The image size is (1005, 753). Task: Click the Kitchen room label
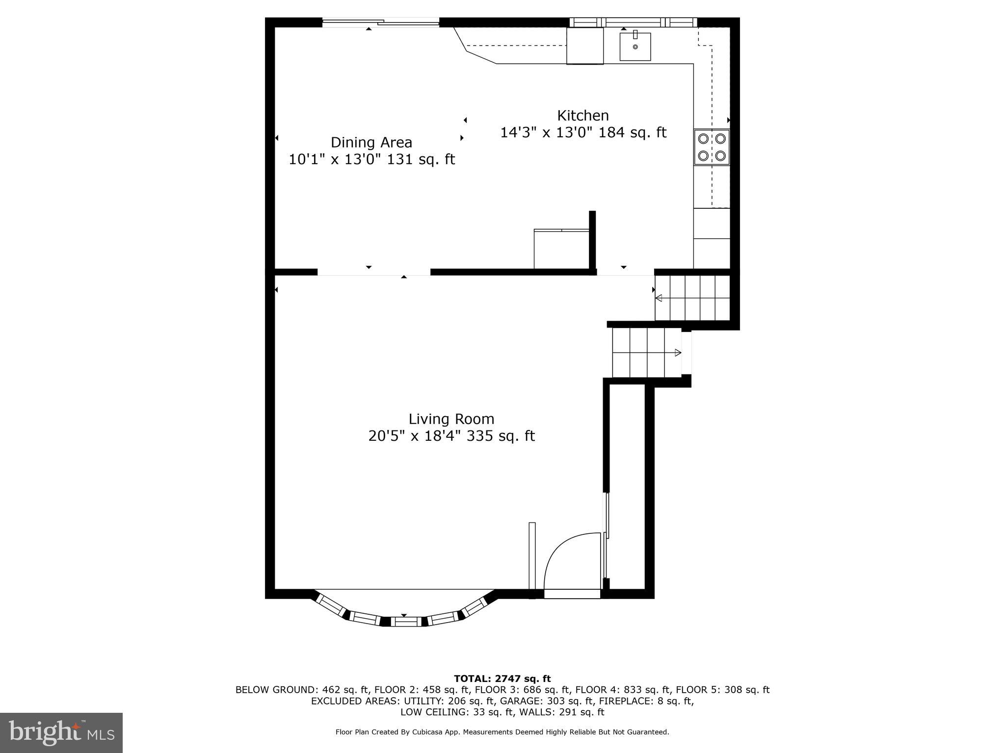click(582, 116)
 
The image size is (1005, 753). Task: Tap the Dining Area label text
click(371, 143)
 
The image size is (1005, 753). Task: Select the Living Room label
click(451, 419)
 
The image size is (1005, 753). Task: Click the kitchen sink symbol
click(635, 47)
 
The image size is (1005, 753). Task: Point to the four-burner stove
click(712, 147)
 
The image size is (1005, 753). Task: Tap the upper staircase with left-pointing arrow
click(692, 298)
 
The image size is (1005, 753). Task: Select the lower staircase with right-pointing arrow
click(647, 352)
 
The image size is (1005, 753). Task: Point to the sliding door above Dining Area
click(380, 22)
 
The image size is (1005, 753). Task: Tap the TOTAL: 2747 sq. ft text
click(502, 678)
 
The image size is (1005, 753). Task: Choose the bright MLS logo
click(61, 732)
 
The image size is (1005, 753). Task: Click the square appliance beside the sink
click(585, 46)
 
